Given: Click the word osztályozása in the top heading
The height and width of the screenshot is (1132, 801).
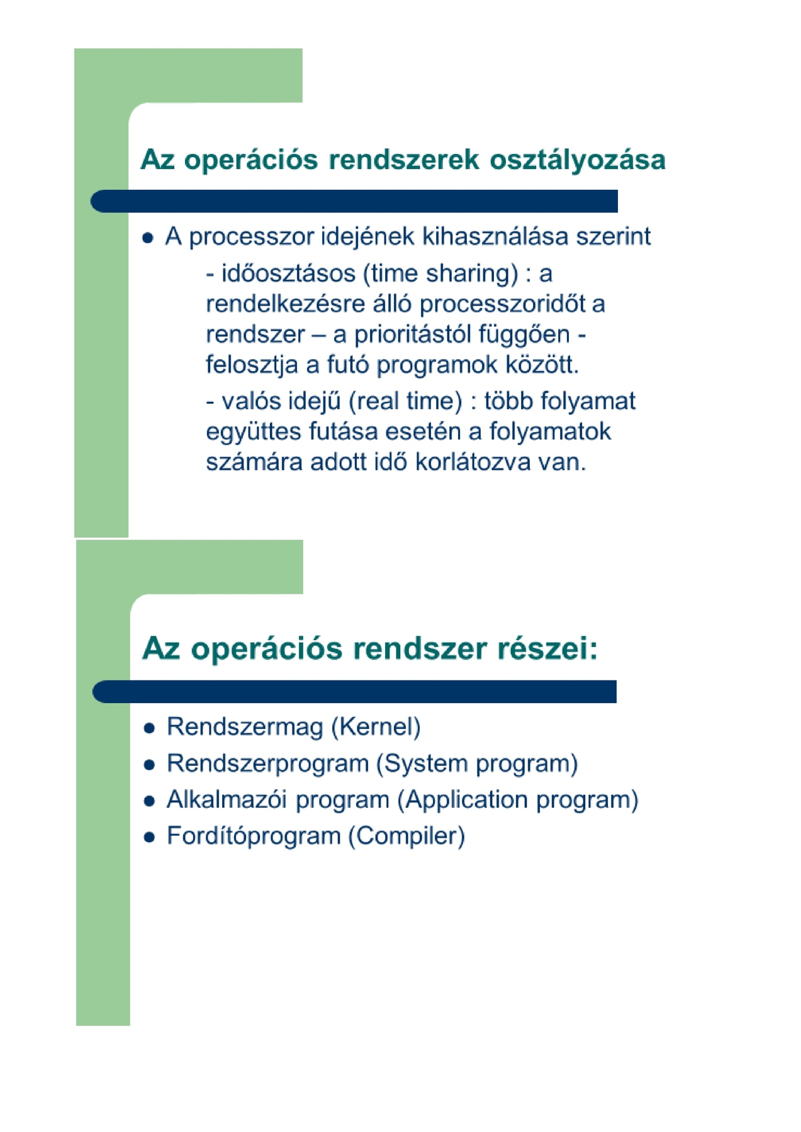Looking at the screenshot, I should pyautogui.click(x=577, y=160).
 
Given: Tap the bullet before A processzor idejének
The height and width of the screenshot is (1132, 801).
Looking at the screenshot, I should pyautogui.click(x=148, y=238).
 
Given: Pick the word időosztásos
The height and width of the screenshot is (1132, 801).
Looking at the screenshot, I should pyautogui.click(x=289, y=274).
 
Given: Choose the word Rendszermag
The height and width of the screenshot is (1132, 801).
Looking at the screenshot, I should pyautogui.click(x=245, y=727).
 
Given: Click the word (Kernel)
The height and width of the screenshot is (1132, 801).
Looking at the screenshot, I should pyautogui.click(x=376, y=727).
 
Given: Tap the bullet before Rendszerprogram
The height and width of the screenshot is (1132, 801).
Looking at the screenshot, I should pyautogui.click(x=149, y=765).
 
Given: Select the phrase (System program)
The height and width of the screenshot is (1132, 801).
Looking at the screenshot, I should pyautogui.click(x=477, y=763).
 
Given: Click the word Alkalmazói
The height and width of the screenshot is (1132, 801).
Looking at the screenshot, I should pyautogui.click(x=227, y=800).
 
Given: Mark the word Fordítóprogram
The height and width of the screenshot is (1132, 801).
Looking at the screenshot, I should pyautogui.click(x=253, y=836).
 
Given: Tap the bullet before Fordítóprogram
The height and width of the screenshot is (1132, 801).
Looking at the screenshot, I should pyautogui.click(x=149, y=838).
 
